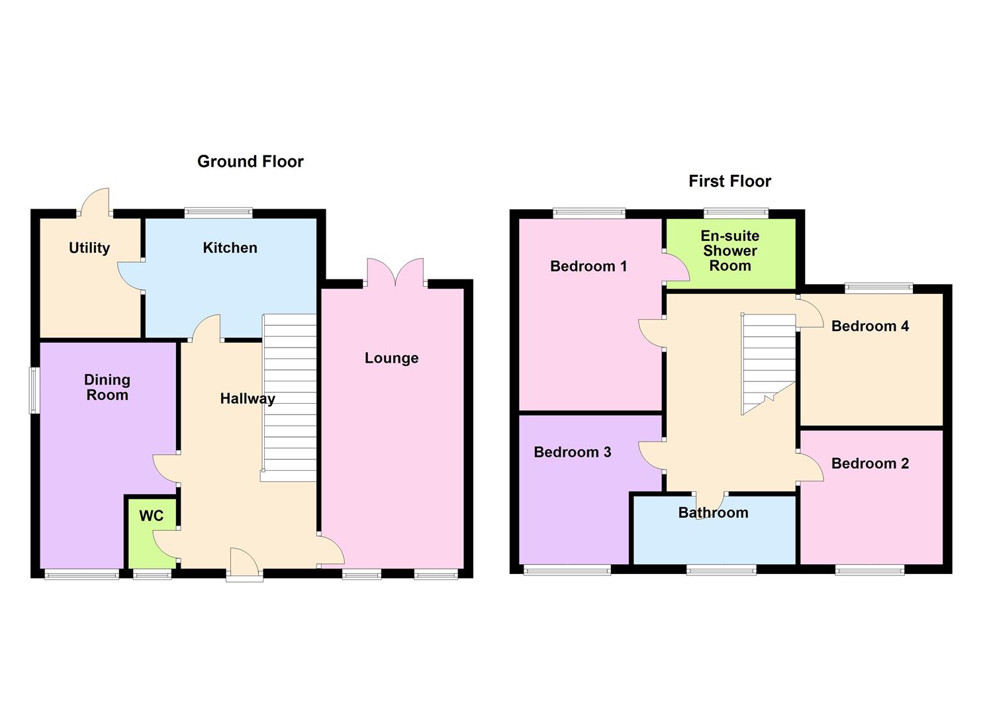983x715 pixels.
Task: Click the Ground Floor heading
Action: (250, 162)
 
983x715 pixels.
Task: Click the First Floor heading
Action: (729, 181)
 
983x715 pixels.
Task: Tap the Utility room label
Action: (89, 248)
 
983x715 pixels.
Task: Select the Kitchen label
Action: (230, 248)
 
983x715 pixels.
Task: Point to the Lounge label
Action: (391, 358)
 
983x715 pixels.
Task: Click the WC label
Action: (151, 516)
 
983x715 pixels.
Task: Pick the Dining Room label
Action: (107, 387)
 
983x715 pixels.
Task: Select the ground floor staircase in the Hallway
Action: (289, 397)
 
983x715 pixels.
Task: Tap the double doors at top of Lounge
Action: (395, 273)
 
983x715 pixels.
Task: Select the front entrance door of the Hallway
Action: (244, 566)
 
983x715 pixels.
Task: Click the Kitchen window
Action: (218, 213)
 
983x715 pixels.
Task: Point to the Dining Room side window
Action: (33, 391)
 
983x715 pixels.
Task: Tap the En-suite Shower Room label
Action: (729, 251)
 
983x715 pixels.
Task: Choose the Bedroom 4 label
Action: (870, 326)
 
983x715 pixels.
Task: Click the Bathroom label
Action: (713, 512)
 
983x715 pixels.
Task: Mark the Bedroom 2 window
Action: (869, 569)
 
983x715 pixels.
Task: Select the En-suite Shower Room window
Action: (736, 213)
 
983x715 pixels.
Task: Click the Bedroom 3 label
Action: (572, 452)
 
